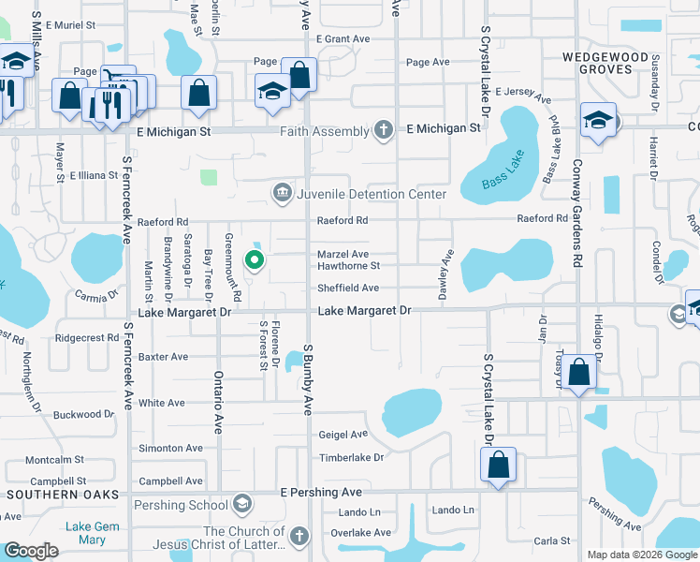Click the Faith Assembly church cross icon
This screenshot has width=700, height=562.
[383, 130]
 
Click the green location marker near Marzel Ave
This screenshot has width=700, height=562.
[254, 260]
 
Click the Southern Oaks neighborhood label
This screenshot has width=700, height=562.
[60, 494]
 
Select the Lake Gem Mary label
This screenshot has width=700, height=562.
[93, 533]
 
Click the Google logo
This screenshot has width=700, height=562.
[31, 551]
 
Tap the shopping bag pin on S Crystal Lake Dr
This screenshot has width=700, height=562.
[498, 465]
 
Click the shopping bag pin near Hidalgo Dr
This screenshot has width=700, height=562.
[580, 374]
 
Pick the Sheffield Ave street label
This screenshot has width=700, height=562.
[347, 288]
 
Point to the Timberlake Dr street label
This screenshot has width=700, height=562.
[352, 458]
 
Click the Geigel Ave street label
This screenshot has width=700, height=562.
[343, 435]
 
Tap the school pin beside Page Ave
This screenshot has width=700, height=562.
[272, 90]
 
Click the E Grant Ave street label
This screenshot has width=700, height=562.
[343, 39]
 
